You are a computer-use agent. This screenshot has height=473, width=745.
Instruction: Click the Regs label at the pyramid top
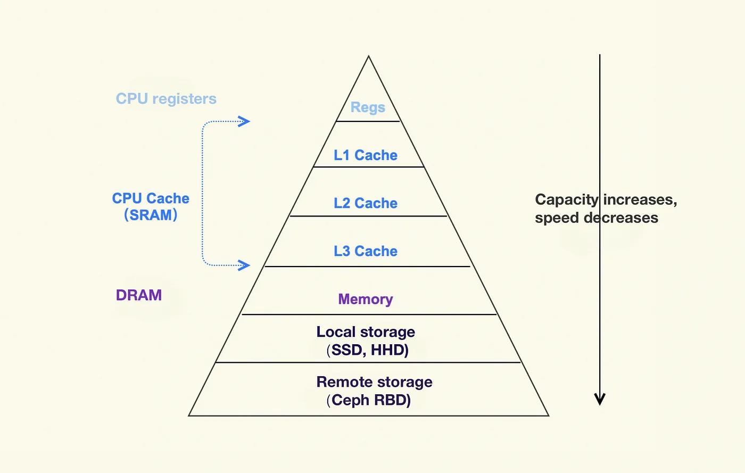coord(368,107)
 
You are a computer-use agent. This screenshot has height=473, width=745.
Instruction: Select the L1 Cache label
coord(366,155)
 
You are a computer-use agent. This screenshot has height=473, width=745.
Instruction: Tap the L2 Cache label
coord(366,203)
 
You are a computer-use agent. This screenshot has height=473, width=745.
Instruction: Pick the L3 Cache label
coord(366,251)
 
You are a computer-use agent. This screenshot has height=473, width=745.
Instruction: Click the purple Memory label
coord(366,299)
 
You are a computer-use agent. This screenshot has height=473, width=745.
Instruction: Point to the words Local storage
coord(366,331)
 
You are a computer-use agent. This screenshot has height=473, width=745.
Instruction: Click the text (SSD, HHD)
coord(368,350)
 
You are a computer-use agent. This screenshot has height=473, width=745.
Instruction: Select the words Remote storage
coord(375,382)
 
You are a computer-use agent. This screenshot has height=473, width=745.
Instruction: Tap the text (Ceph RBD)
coord(368,400)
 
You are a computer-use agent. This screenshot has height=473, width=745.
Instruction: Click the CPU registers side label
coord(166,99)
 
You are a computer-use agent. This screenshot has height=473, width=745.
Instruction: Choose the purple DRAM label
coord(139,295)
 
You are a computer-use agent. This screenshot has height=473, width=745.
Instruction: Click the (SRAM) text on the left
coord(151,215)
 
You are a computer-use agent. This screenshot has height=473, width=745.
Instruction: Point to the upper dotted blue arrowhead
coord(244,121)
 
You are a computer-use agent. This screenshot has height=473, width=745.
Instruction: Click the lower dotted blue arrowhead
coord(244,265)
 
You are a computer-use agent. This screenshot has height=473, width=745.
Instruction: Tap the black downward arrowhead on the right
coord(600,399)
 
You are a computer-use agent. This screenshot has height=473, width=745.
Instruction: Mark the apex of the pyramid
coord(368,55)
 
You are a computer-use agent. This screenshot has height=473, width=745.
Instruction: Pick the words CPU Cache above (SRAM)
coord(151,198)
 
